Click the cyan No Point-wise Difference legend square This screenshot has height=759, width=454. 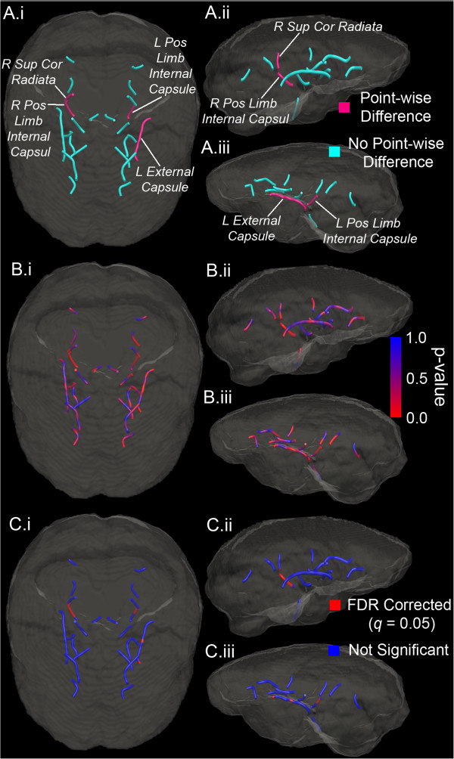click(x=333, y=152)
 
